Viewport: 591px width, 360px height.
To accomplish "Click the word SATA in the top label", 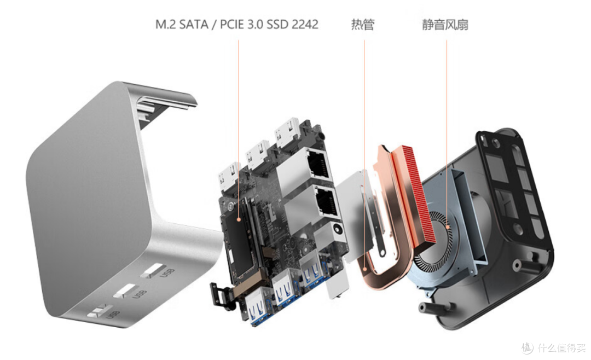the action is (193, 25).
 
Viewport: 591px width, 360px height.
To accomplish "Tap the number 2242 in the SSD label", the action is (305, 25).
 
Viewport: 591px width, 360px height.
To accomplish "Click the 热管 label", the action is (363, 25).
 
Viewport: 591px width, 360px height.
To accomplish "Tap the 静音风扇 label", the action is (445, 25).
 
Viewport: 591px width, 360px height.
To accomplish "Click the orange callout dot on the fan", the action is (448, 227).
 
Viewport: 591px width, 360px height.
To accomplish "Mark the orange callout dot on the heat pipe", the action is (365, 269).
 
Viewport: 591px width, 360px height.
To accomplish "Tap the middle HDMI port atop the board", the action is (257, 156).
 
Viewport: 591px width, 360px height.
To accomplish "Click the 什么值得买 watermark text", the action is (562, 347).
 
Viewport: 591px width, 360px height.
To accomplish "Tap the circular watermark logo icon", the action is (528, 347).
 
